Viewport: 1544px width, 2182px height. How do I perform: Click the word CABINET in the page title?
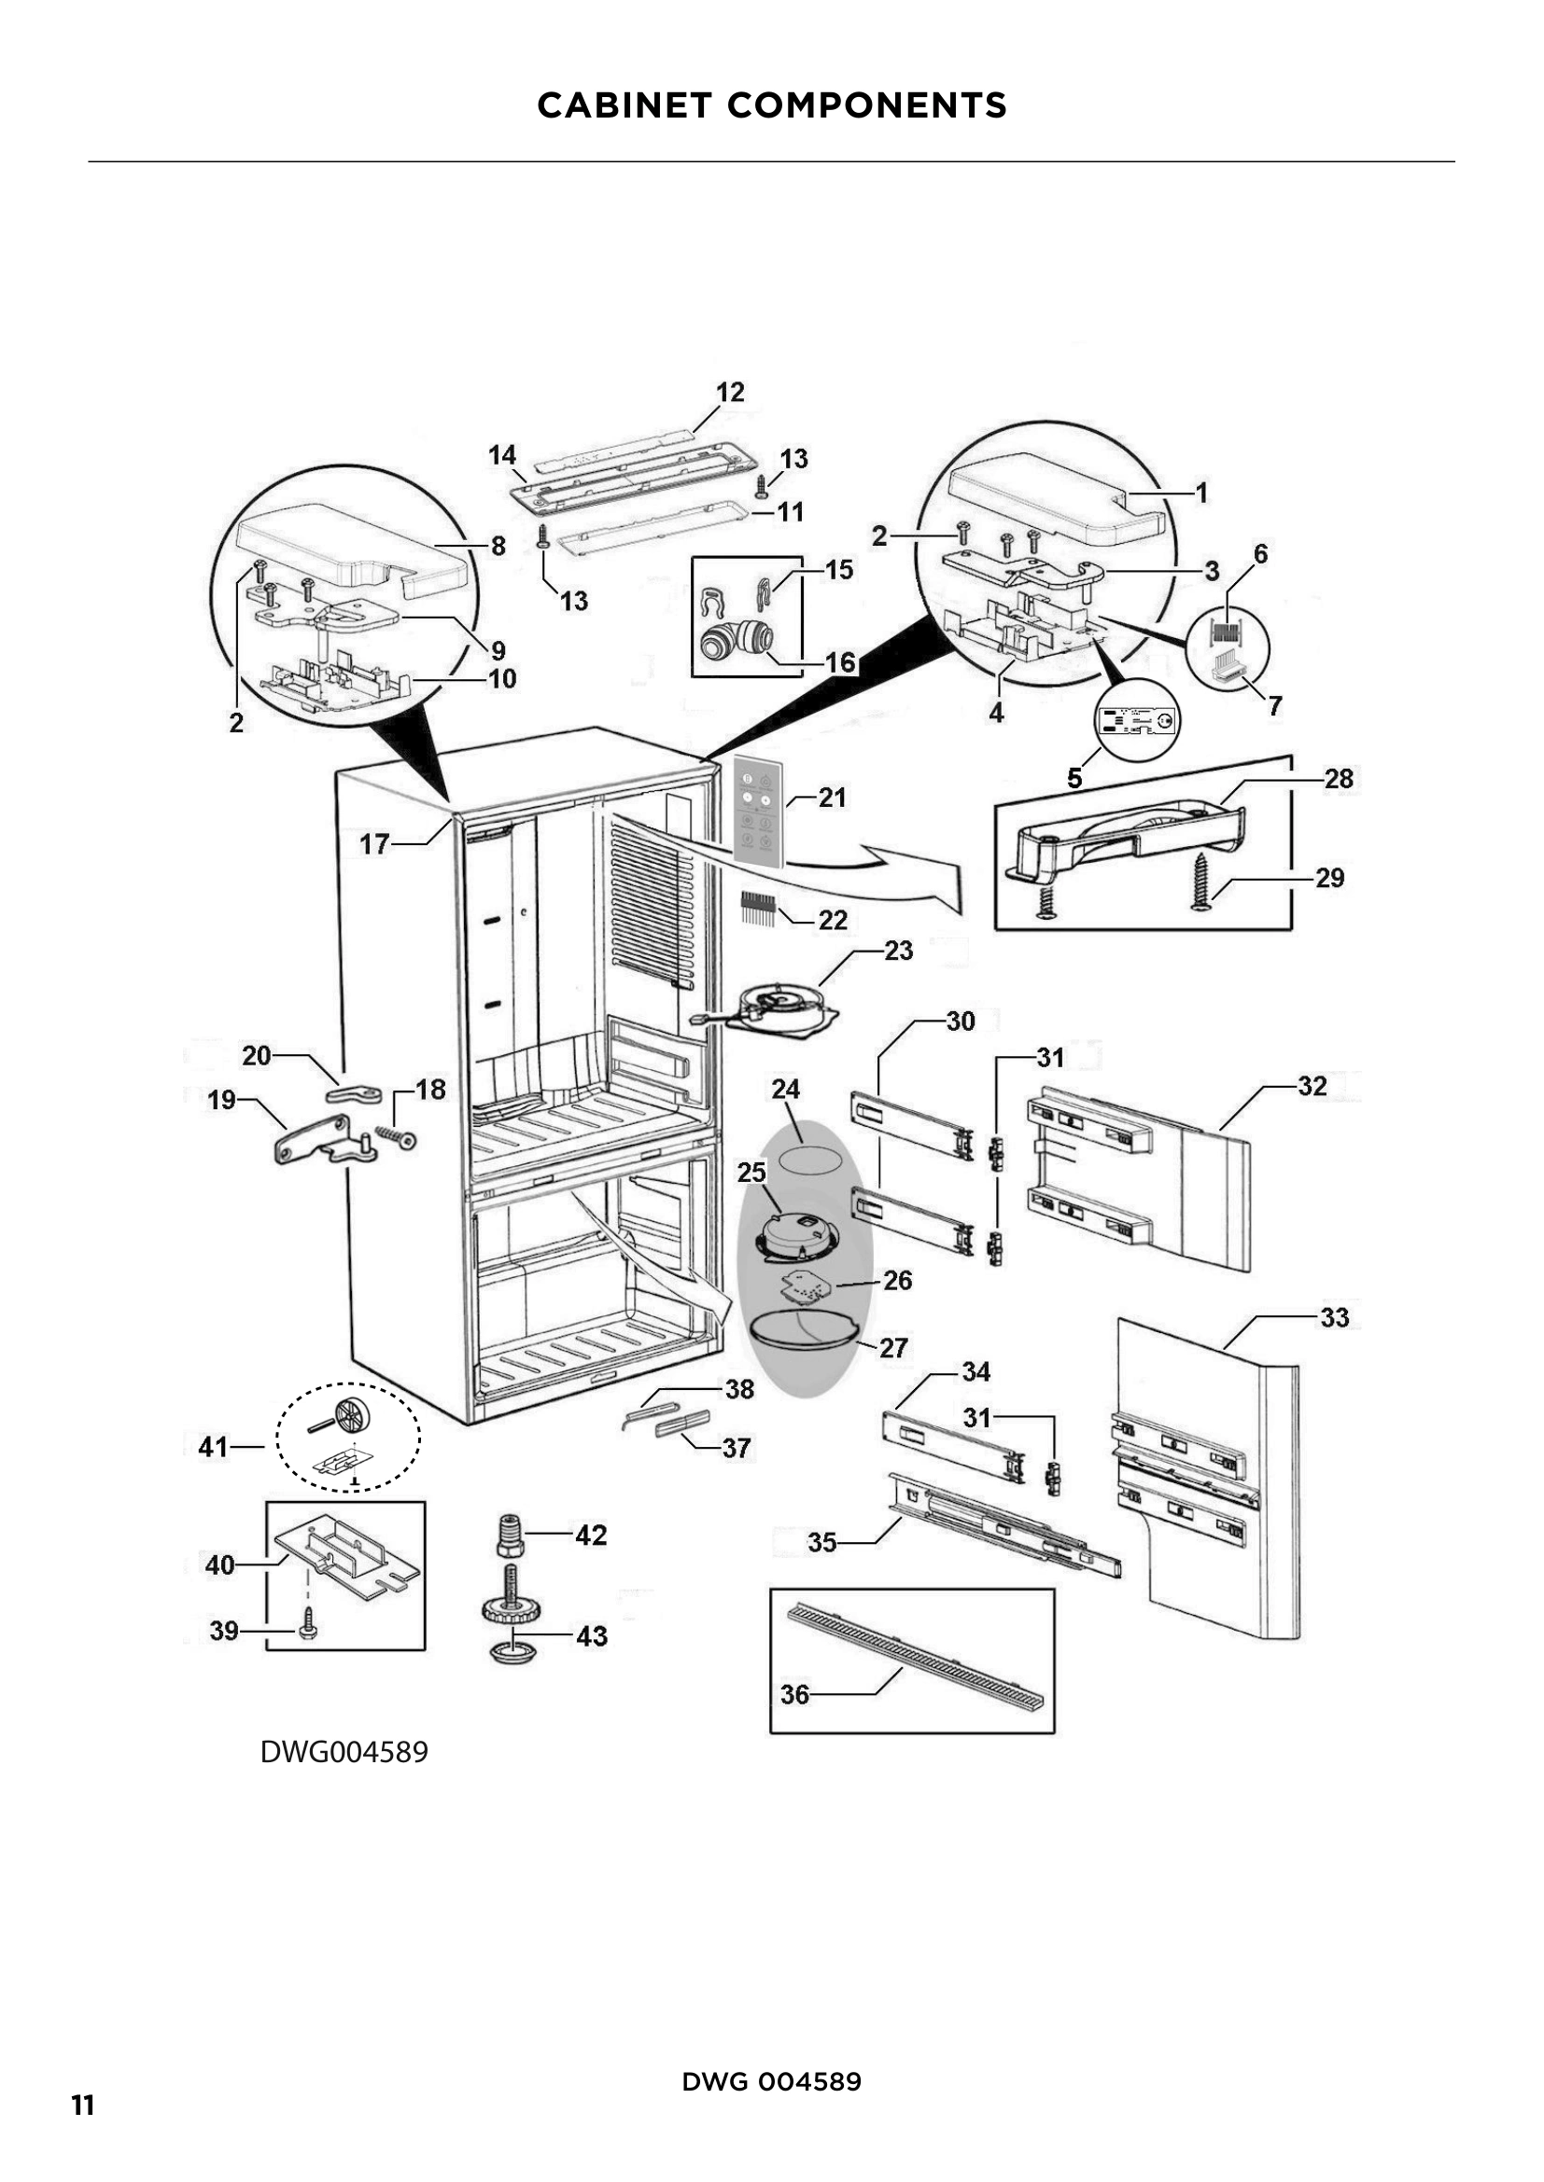[x=624, y=105]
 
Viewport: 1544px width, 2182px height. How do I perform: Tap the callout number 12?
[x=729, y=392]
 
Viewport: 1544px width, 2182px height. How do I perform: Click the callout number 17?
[x=374, y=844]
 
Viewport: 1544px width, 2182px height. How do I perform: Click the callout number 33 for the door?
[x=1334, y=1317]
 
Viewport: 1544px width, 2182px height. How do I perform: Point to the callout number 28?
[x=1338, y=778]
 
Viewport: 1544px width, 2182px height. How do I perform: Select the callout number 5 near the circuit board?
[x=1074, y=777]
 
